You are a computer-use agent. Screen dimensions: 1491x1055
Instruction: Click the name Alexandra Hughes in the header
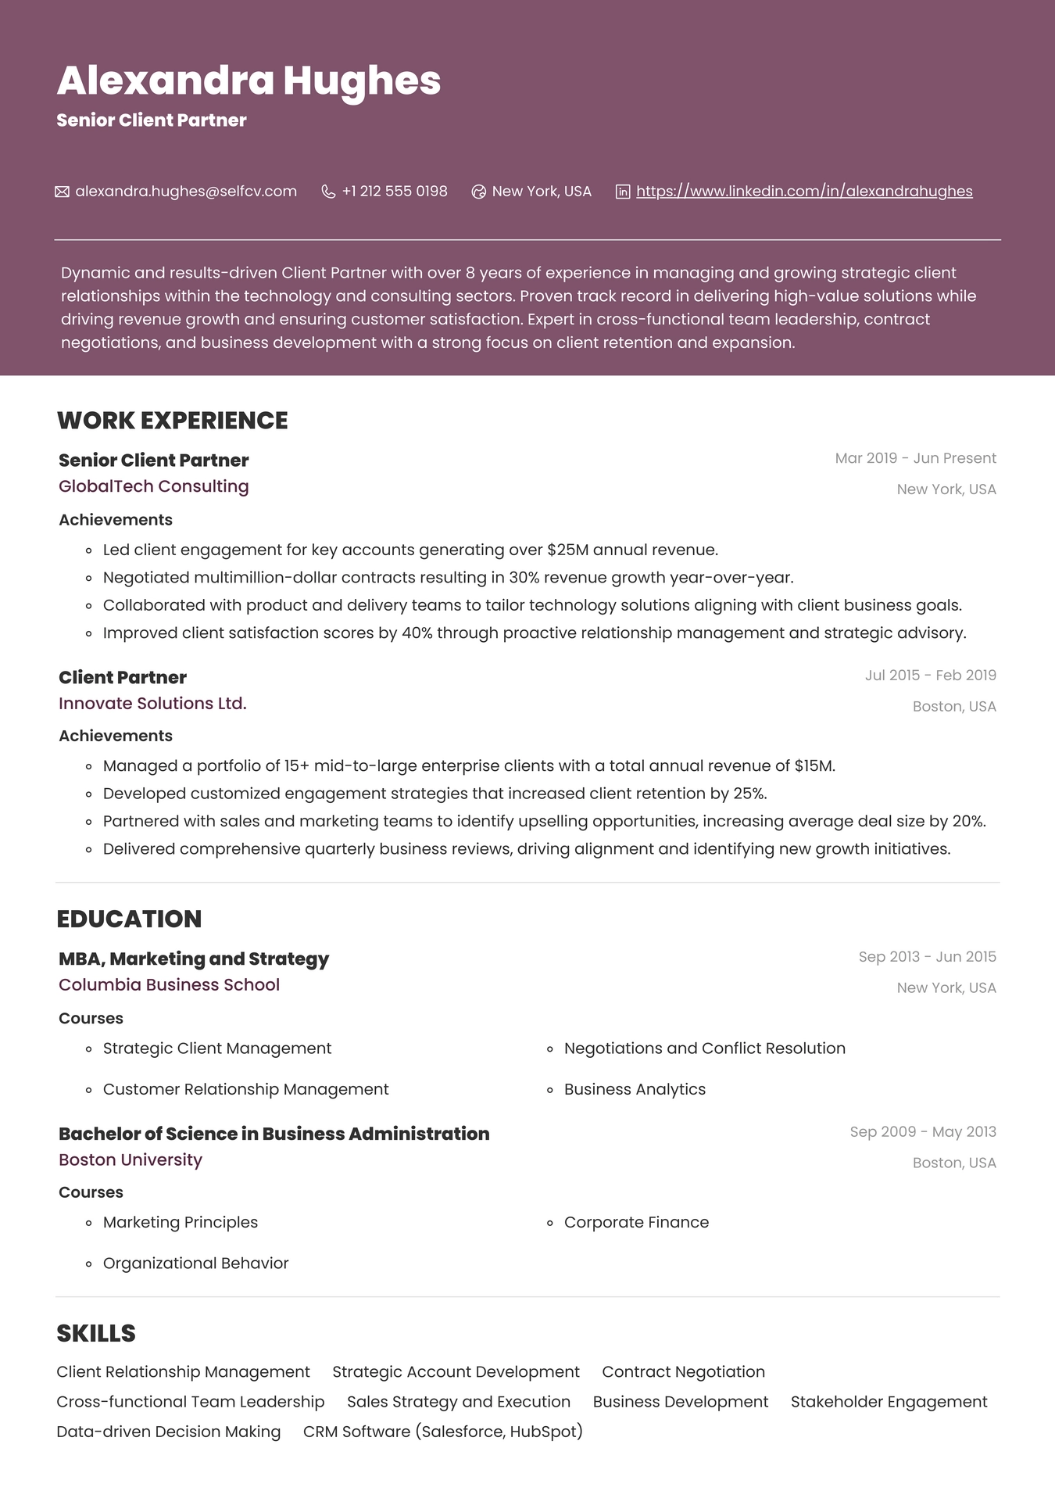(249, 81)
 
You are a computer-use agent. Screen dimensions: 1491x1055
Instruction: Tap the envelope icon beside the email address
(62, 192)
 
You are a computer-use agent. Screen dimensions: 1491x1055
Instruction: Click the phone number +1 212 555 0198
(394, 192)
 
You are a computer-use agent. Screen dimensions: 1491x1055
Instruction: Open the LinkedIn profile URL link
(804, 192)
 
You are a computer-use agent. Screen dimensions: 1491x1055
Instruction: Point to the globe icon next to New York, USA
(479, 192)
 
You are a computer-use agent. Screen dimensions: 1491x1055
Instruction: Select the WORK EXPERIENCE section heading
(173, 421)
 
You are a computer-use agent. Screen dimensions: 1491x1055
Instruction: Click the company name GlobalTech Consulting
(154, 486)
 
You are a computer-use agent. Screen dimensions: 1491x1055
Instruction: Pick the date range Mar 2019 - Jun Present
(915, 458)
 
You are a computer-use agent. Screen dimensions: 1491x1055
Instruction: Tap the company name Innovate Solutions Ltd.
(152, 704)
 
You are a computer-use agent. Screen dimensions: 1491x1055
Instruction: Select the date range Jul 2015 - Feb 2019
(930, 676)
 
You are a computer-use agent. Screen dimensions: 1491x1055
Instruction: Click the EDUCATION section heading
(129, 919)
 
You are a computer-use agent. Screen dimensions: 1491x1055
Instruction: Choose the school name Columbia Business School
(169, 985)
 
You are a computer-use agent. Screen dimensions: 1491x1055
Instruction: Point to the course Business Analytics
(635, 1089)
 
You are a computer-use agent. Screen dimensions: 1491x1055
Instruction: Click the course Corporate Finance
(636, 1222)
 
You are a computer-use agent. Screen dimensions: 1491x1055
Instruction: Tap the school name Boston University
(131, 1160)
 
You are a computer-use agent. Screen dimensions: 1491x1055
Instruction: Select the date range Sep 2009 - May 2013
(923, 1132)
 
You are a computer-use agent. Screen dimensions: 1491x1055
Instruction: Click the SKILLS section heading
(96, 1333)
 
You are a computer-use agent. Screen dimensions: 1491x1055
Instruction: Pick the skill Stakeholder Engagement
(889, 1402)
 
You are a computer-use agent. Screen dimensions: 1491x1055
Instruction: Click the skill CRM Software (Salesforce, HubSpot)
(442, 1432)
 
